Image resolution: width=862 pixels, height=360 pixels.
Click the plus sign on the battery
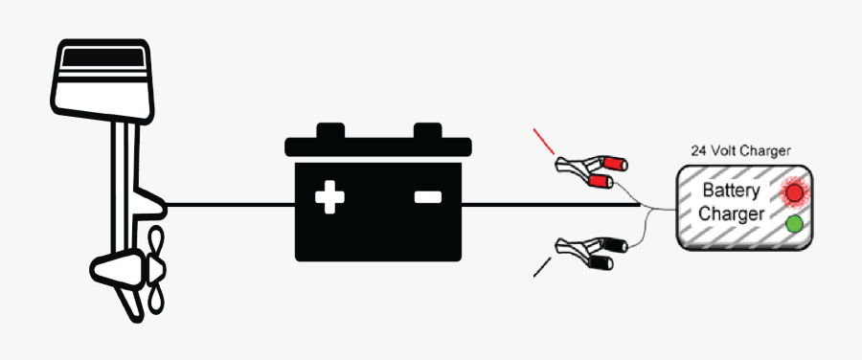tap(329, 197)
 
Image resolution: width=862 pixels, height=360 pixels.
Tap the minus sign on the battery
tap(428, 197)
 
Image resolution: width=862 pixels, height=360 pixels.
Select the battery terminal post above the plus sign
tap(330, 130)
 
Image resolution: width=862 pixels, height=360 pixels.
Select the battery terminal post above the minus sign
tap(428, 130)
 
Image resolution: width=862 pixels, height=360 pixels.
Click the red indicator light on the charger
tap(794, 192)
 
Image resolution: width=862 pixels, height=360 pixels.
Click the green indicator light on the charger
tap(794, 224)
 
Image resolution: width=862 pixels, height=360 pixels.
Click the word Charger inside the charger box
tap(731, 214)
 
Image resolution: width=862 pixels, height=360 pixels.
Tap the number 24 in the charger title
tap(698, 151)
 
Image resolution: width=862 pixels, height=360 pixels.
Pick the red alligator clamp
tap(592, 171)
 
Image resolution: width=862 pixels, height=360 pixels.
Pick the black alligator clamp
tap(592, 252)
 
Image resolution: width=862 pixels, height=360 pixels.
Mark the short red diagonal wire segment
tap(544, 142)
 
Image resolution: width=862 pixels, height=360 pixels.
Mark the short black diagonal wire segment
tap(542, 266)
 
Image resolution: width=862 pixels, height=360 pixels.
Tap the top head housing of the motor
tap(102, 80)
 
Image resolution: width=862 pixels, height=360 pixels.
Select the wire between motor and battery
tap(230, 205)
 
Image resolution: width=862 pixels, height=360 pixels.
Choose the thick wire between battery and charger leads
tap(551, 205)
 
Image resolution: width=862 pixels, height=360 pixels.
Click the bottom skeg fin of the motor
tap(129, 304)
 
